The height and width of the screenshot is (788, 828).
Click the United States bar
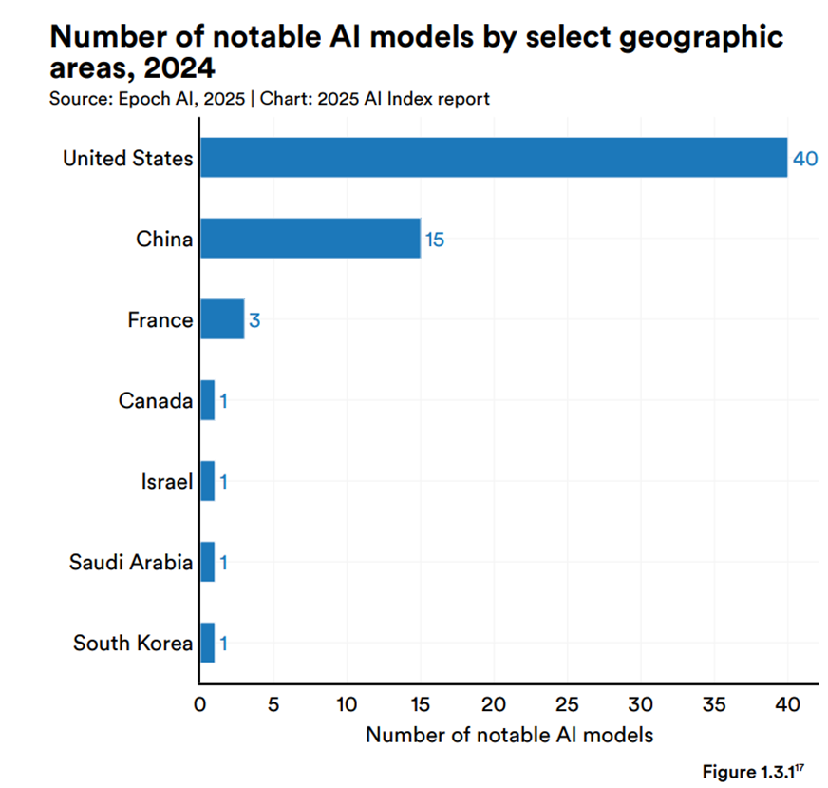[x=494, y=158]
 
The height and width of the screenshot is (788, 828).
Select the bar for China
[x=310, y=239]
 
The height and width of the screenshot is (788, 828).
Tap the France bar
[x=222, y=319]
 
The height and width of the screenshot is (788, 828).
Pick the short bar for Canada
[x=207, y=400]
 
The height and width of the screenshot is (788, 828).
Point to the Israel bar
[x=207, y=481]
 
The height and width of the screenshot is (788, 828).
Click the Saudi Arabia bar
[x=207, y=562]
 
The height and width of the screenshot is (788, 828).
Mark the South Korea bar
[x=207, y=643]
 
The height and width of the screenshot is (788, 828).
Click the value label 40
[x=805, y=159]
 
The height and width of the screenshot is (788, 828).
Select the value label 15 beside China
[x=434, y=240]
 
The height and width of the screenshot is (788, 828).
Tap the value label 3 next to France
[x=254, y=320]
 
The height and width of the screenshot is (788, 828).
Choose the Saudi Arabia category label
[x=131, y=562]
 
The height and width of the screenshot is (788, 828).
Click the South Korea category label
[x=133, y=644]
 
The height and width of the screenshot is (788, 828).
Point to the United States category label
[x=127, y=158]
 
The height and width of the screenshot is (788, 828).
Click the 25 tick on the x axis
[x=567, y=704]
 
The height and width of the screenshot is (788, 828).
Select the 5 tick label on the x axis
[x=273, y=704]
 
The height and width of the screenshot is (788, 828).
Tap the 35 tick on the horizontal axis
[x=714, y=704]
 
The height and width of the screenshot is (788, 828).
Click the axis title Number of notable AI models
[x=509, y=735]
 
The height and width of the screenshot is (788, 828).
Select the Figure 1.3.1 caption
[x=755, y=770]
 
